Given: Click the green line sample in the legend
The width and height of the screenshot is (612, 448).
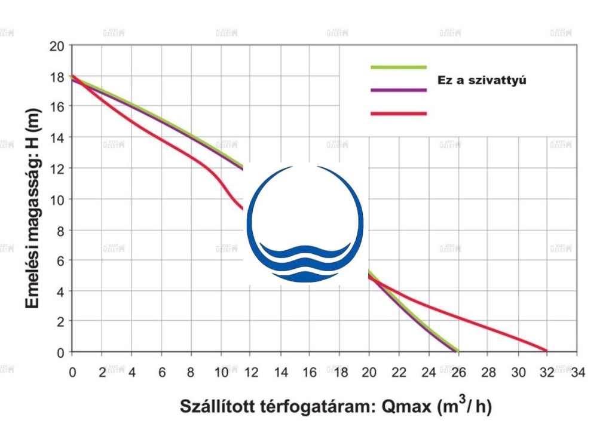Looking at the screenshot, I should coord(399,67).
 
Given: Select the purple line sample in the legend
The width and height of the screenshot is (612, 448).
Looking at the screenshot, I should coord(399,90).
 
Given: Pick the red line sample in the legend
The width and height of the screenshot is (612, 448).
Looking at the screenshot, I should coord(399,113).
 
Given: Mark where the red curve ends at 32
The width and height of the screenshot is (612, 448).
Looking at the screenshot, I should coord(546,351).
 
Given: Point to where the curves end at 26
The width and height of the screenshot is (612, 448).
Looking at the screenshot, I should coord(457,351).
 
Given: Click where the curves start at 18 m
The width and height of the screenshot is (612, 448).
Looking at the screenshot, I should coord(72,76).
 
